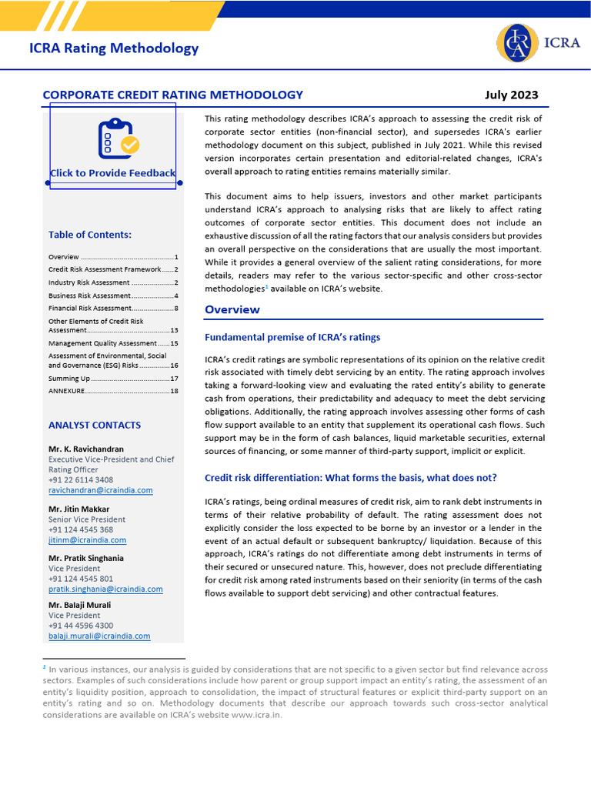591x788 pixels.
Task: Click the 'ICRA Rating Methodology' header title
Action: click(114, 48)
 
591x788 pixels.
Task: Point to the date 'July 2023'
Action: click(511, 95)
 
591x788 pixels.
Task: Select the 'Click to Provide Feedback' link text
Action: click(112, 173)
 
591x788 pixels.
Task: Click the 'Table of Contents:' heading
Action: click(90, 235)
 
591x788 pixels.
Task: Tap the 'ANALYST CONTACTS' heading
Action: click(95, 425)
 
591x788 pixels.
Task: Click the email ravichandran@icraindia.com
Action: click(100, 490)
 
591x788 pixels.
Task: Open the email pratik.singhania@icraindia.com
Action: click(105, 589)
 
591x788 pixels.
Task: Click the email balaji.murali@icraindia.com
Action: click(99, 636)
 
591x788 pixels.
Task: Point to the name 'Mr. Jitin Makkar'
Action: click(79, 509)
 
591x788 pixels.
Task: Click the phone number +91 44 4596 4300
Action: click(81, 626)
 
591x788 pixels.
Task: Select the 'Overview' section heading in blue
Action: click(232, 310)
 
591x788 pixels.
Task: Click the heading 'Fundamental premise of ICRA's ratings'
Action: click(292, 337)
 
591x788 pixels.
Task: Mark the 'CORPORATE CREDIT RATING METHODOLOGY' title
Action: click(172, 95)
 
